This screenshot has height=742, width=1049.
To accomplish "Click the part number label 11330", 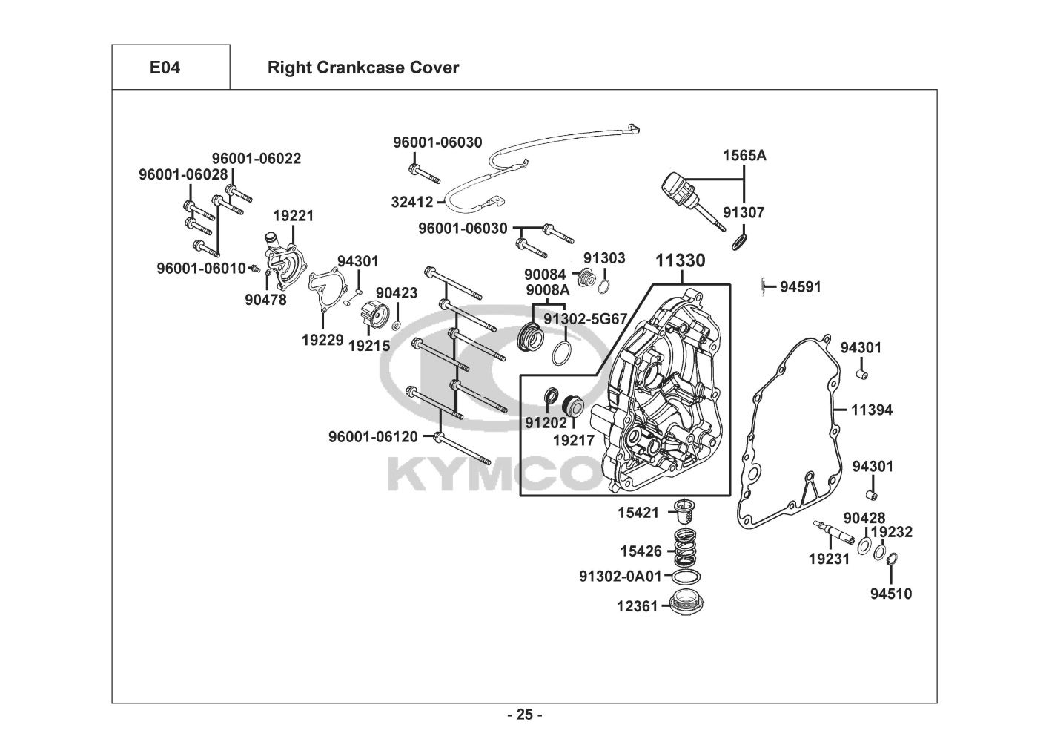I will (x=680, y=260).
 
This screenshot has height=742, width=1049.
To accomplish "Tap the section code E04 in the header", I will (x=165, y=68).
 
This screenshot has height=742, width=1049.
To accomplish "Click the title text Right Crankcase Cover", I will (x=363, y=68).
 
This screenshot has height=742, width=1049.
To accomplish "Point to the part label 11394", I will (x=872, y=410).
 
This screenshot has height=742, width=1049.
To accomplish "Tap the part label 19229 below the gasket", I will (x=322, y=340).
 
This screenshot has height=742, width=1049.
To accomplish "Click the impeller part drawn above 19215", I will (x=374, y=317).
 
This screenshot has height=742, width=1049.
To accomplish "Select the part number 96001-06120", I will (x=373, y=437).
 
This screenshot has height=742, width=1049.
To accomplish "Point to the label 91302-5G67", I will (x=586, y=318).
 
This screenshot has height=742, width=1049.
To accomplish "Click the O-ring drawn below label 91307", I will (x=738, y=242).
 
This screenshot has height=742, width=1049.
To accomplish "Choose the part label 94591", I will (x=801, y=286).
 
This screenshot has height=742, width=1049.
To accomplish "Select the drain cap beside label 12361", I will (x=687, y=603).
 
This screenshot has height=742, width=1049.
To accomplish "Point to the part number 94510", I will (x=891, y=594).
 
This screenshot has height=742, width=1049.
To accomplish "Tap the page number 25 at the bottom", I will (x=524, y=715).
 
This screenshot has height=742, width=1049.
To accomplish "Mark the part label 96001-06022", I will (x=257, y=159).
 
